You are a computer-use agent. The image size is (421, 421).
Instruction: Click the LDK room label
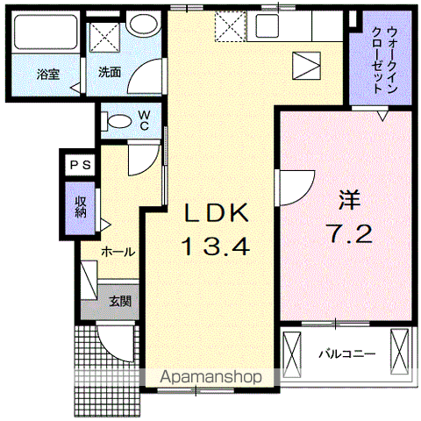point(217,213)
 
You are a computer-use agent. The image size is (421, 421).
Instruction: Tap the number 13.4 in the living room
point(217,246)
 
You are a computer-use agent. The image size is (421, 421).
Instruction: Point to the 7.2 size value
point(351,233)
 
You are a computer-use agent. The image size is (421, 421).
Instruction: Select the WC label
point(142,119)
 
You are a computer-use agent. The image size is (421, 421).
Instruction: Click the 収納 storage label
point(80,206)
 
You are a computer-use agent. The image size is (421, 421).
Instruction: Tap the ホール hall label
point(118,252)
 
